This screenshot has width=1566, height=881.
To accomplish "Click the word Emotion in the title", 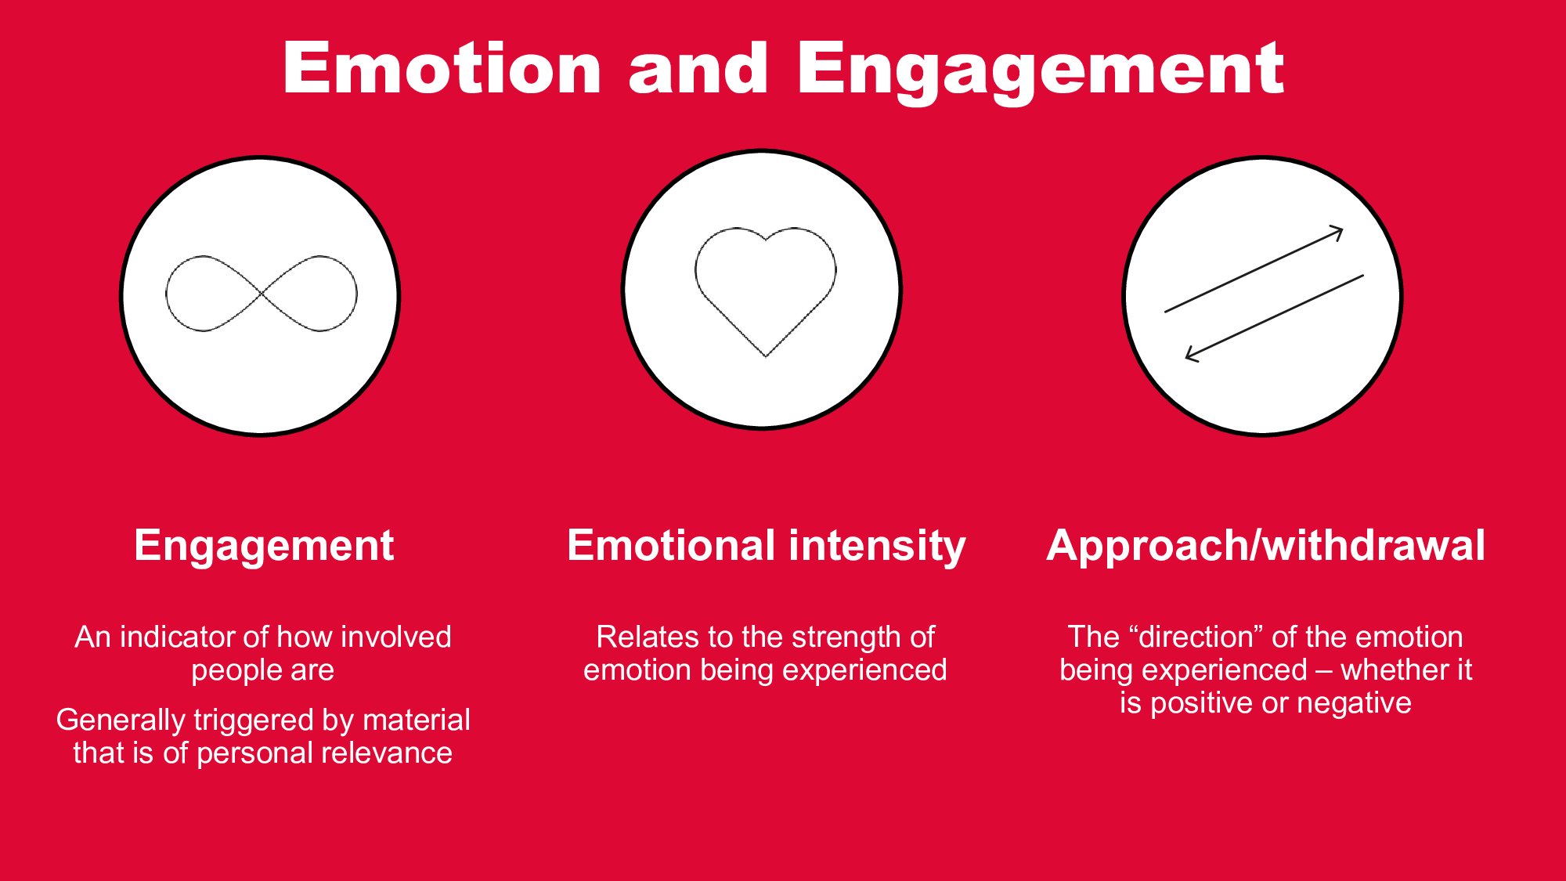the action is (x=442, y=68).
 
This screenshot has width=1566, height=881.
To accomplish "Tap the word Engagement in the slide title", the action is (x=1041, y=72).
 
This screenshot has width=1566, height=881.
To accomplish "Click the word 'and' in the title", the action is (x=698, y=68).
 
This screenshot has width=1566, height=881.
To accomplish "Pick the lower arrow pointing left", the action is (x=1274, y=318).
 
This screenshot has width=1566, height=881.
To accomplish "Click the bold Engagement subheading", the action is (x=264, y=547).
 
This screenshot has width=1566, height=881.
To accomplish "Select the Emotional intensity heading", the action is (x=766, y=546).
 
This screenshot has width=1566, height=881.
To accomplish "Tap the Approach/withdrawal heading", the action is (x=1265, y=546).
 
